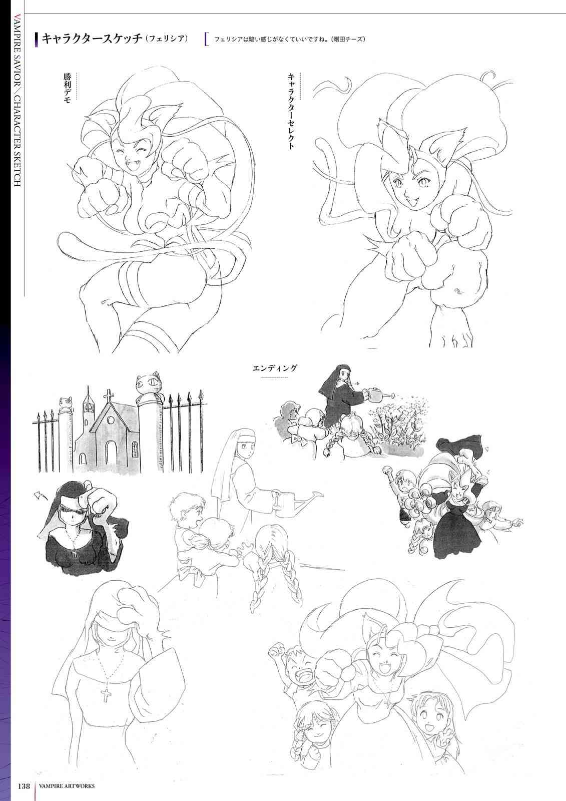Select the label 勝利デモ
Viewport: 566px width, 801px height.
67,88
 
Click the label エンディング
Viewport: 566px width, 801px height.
275,368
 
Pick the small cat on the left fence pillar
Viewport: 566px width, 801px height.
66,403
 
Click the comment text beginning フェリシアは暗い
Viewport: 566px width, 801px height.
289,40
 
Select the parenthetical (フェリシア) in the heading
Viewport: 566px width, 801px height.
167,39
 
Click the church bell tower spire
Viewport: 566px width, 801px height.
88,393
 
